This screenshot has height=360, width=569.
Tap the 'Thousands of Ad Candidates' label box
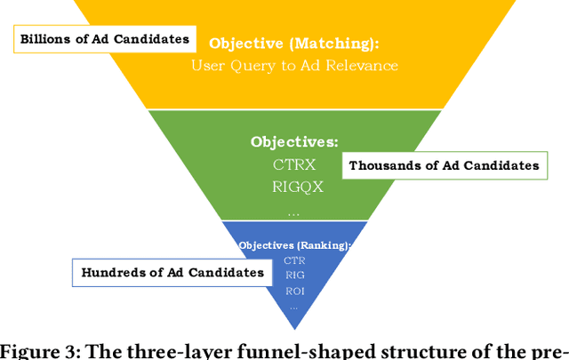[x=444, y=165]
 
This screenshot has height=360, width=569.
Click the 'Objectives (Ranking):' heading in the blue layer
[x=294, y=244]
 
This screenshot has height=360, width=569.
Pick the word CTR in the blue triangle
[x=294, y=260]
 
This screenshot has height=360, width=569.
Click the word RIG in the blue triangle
[x=294, y=276]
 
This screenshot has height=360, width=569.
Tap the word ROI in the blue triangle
[x=294, y=292]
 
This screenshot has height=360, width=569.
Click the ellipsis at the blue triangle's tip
[x=294, y=306]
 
